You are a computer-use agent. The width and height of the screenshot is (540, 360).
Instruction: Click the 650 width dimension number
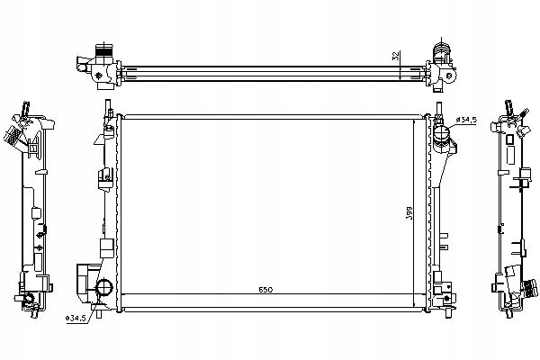[x=265, y=289]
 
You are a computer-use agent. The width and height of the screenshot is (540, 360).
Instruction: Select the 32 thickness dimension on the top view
[x=397, y=56]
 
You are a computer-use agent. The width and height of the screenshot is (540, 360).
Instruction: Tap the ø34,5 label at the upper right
[x=468, y=120]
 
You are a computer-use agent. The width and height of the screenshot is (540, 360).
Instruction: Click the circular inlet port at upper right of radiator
[x=440, y=136]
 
